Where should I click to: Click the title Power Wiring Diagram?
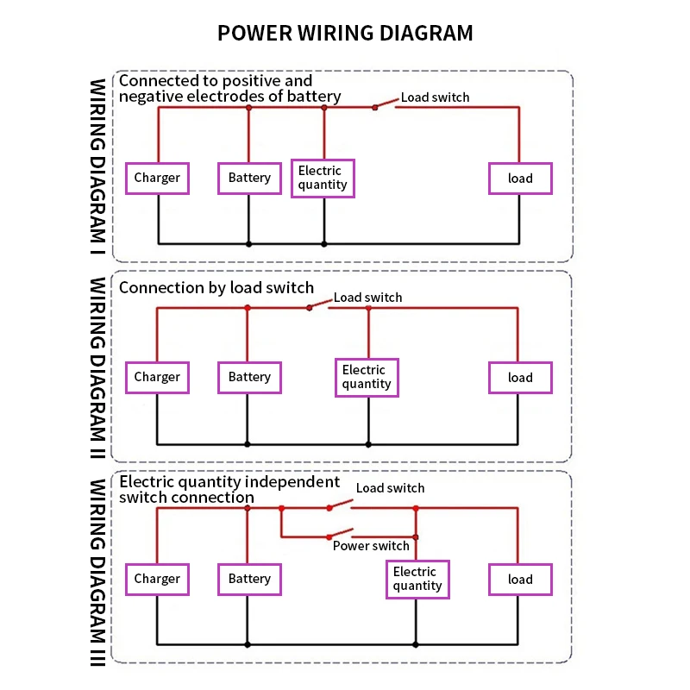[x=345, y=33]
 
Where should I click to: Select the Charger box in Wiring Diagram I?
[x=157, y=179]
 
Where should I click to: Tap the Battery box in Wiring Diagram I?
[x=249, y=179]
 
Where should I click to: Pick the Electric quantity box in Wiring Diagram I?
[x=323, y=179]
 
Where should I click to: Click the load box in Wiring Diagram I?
[x=520, y=179]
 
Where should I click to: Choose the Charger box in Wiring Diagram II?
[x=157, y=378]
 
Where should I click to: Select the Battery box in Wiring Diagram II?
[x=249, y=378]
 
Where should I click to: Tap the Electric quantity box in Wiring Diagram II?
[x=367, y=378]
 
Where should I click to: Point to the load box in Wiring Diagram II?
[x=520, y=378]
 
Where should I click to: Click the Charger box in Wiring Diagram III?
[x=157, y=580]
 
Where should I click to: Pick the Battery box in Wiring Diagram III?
[x=249, y=580]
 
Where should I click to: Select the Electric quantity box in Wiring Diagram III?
[x=417, y=580]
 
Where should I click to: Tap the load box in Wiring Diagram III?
[x=520, y=580]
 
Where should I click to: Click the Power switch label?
[x=371, y=546]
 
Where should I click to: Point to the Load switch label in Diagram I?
[x=435, y=97]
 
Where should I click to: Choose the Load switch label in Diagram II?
[x=367, y=298]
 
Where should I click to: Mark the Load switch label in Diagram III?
[x=390, y=488]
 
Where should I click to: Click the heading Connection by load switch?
[x=216, y=288]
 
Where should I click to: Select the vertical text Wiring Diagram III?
[x=97, y=573]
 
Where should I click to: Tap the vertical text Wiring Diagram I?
[x=97, y=166]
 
